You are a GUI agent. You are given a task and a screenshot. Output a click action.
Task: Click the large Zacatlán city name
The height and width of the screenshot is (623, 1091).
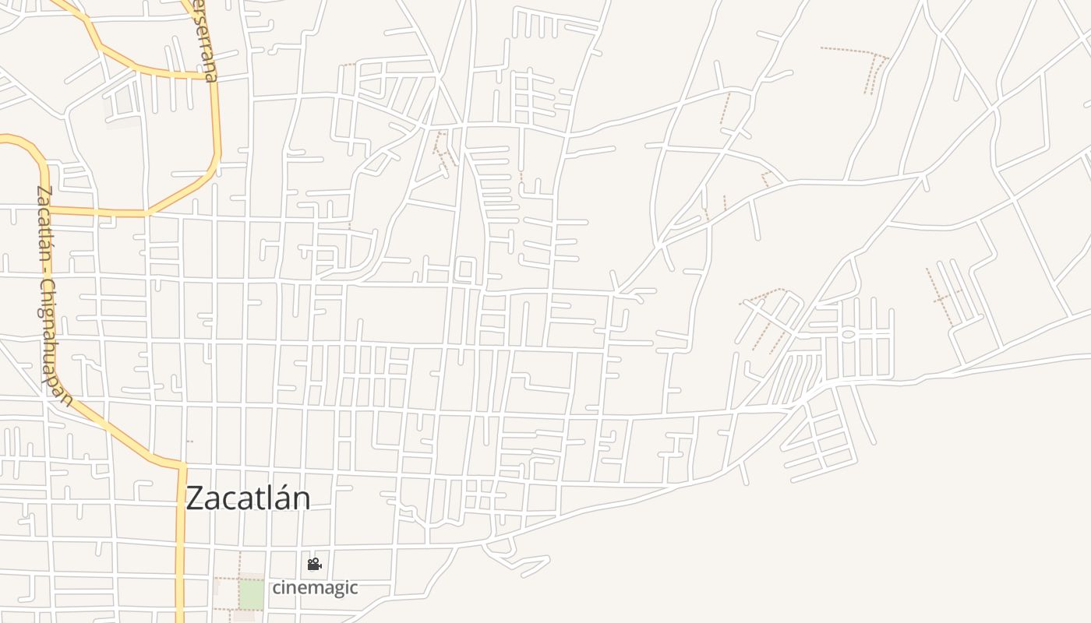pyautogui.click(x=248, y=498)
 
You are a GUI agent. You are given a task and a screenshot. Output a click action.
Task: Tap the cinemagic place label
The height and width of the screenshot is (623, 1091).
pyautogui.click(x=315, y=587)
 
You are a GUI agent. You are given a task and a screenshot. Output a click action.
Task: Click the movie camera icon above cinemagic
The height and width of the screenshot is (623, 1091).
pyautogui.click(x=314, y=564)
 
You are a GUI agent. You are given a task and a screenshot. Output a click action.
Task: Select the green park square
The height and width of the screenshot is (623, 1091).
pyautogui.click(x=251, y=594)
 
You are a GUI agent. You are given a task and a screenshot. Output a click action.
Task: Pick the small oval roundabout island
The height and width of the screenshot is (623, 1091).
pyautogui.click(x=849, y=334)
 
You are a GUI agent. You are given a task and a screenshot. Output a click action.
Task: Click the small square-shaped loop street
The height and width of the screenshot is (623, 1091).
pyautogui.click(x=464, y=271)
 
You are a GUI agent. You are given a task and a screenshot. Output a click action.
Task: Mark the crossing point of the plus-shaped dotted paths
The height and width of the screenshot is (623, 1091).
pyautogui.click(x=942, y=297)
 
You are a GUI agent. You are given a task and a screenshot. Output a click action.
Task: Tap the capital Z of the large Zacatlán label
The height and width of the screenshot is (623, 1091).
pyautogui.click(x=196, y=498)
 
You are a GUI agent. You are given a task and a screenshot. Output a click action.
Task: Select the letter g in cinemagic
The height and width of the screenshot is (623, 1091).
pyautogui.click(x=331, y=589)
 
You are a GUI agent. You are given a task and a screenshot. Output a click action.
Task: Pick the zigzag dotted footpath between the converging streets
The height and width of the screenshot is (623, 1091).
pyautogui.click(x=444, y=148)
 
